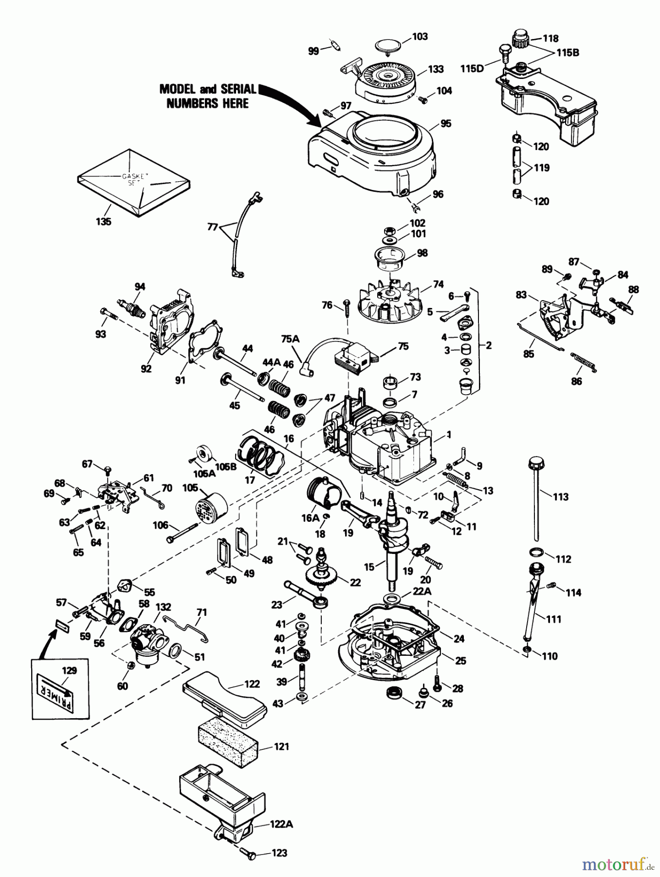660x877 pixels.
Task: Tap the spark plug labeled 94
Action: tap(131, 308)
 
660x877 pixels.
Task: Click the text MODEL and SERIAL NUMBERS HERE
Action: tap(208, 96)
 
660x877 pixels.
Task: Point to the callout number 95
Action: tap(446, 124)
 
